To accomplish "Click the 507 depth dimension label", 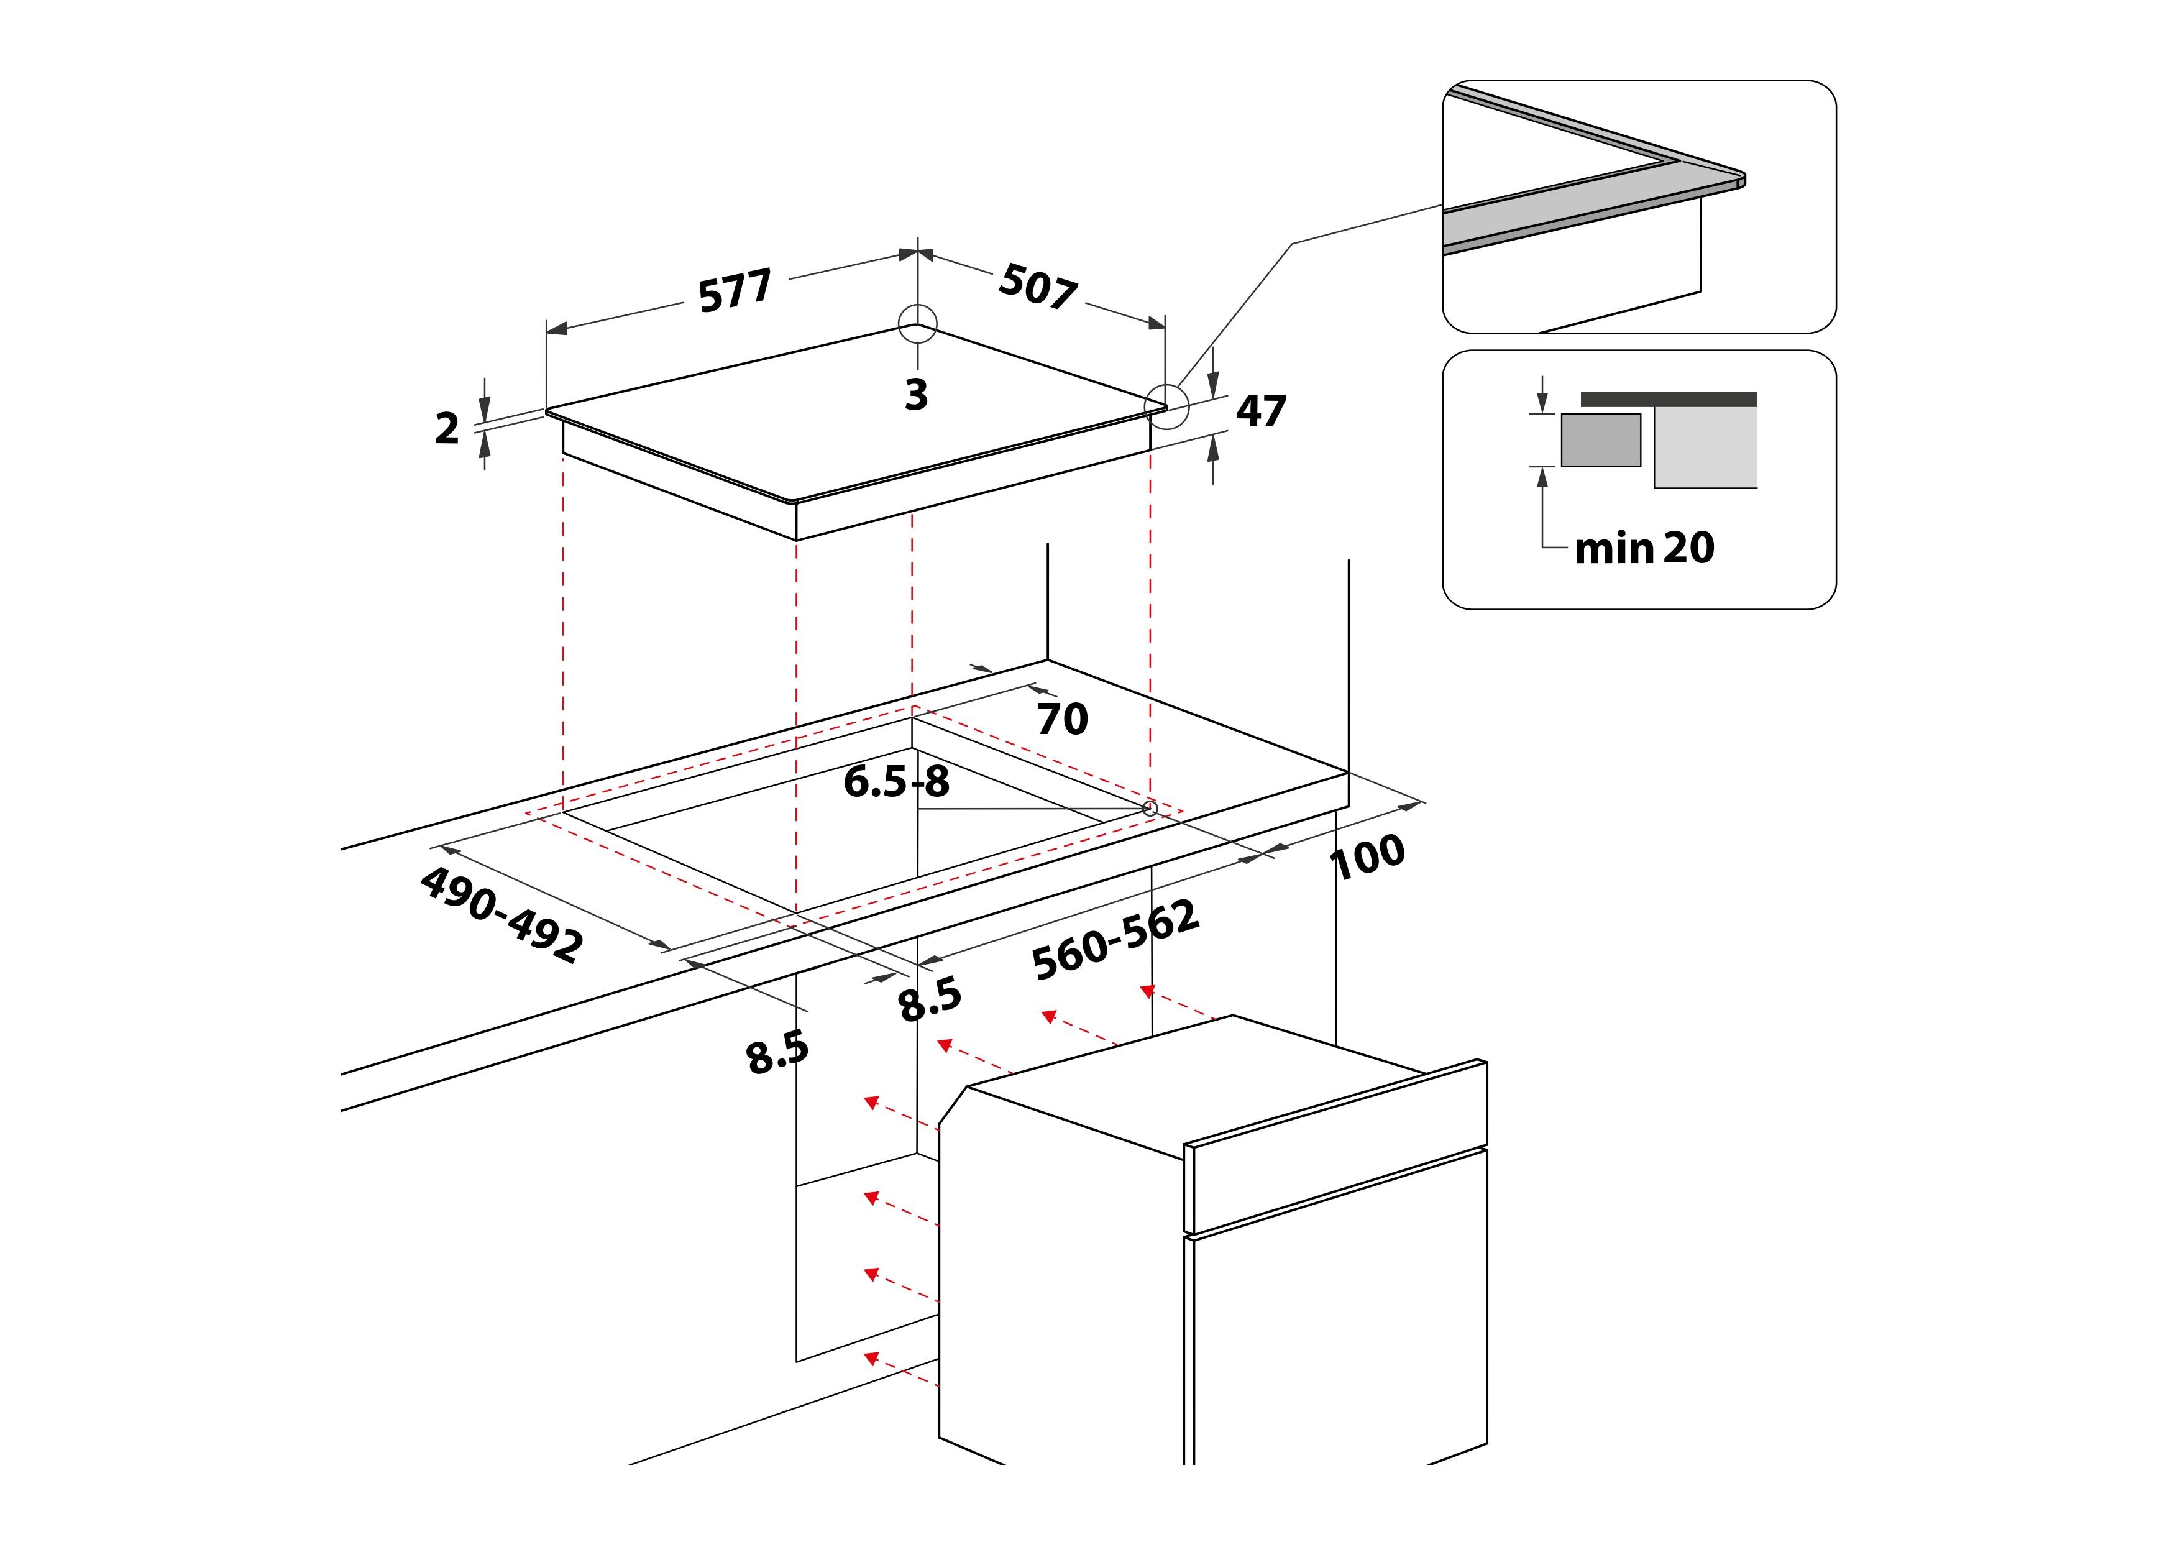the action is click(1038, 287).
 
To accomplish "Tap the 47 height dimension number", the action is click(1261, 411).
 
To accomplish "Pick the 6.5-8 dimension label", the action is click(896, 782).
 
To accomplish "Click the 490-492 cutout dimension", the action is click(501, 914).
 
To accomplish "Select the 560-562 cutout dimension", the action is click(1115, 940).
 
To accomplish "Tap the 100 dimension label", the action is click(1367, 856).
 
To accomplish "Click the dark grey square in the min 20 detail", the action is click(1601, 439).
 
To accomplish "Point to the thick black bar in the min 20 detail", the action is click(1669, 400).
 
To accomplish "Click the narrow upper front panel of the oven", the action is click(1335, 1146).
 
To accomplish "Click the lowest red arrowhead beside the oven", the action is click(871, 1358).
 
